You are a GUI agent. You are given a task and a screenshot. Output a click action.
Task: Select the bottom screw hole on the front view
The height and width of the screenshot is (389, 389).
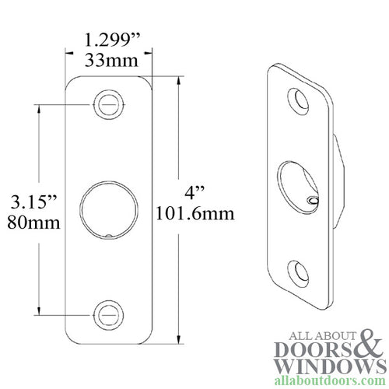tap(108, 314)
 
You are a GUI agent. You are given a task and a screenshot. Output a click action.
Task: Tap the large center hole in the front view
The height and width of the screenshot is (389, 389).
tap(108, 209)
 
